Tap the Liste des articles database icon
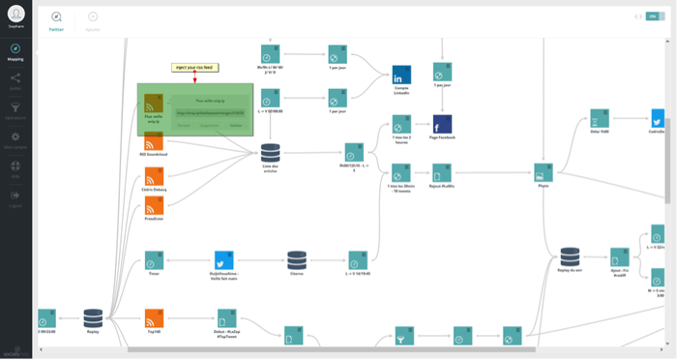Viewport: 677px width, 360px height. (270, 152)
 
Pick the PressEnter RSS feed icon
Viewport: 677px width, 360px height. (153, 203)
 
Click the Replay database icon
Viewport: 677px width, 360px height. (93, 317)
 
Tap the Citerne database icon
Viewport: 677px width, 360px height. (297, 261)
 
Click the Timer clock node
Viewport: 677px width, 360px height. (153, 261)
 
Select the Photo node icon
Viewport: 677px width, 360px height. (543, 172)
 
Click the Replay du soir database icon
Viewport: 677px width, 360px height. (570, 256)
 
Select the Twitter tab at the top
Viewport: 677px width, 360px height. (56, 20)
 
